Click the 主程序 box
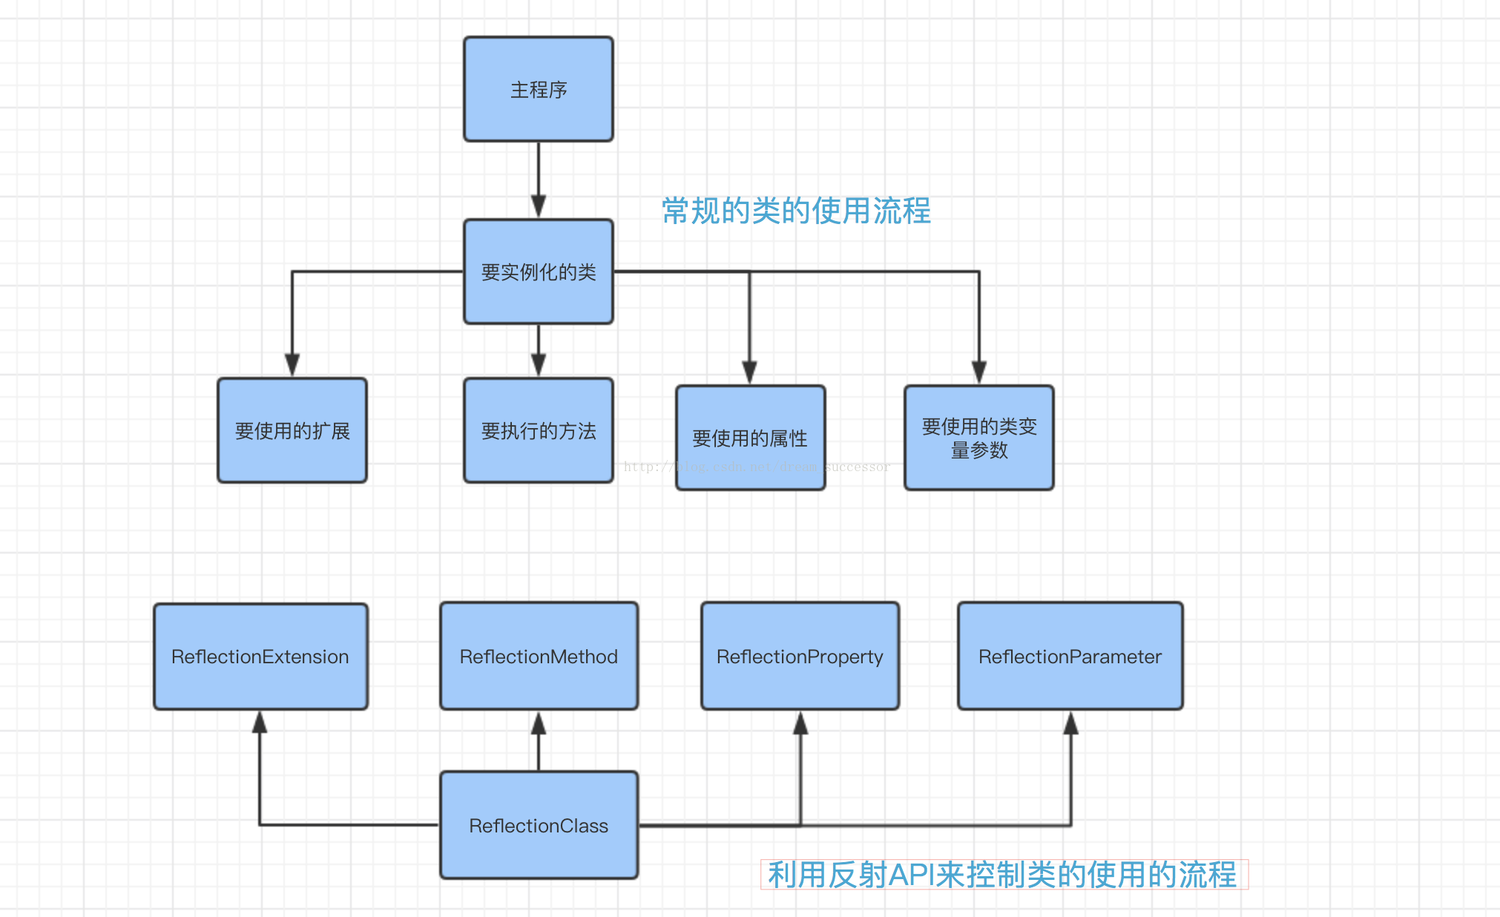tap(539, 89)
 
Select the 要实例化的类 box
tap(539, 272)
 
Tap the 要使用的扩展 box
tap(292, 430)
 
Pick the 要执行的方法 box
tap(539, 430)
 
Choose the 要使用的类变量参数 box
tap(979, 438)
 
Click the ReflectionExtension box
tap(260, 657)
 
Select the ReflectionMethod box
tap(539, 657)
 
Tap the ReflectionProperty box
tap(800, 657)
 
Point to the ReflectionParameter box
tap(1070, 657)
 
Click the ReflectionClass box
tap(539, 825)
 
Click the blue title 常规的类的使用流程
tap(796, 211)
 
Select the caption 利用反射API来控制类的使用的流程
tap(1003, 875)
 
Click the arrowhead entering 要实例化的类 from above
tap(539, 206)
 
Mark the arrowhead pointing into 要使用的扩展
tap(292, 365)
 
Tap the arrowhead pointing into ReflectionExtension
tap(260, 722)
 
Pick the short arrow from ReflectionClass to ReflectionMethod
tap(539, 742)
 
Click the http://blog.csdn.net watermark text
tap(757, 467)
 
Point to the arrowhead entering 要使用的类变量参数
tap(979, 372)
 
